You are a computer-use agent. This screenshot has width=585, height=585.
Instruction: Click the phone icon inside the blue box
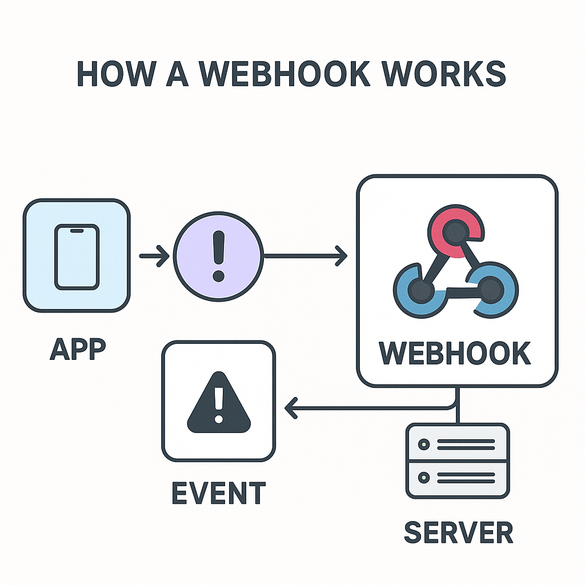click(x=77, y=256)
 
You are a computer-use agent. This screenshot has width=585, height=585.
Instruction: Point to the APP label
click(x=78, y=348)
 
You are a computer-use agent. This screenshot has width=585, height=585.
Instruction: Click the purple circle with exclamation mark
click(x=218, y=256)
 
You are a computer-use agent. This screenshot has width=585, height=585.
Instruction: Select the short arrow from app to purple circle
click(x=154, y=256)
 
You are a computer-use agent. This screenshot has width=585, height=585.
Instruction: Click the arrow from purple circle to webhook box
click(x=305, y=255)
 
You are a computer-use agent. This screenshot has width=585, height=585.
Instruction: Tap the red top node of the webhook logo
click(x=454, y=231)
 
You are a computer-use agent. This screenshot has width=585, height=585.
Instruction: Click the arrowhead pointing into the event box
click(x=290, y=408)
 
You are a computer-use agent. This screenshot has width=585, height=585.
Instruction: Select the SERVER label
click(x=458, y=533)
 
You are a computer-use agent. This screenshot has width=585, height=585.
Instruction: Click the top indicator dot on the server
click(x=423, y=444)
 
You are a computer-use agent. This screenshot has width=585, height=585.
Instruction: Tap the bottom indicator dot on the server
click(x=423, y=476)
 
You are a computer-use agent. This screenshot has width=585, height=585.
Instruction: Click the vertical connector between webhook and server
click(x=456, y=406)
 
